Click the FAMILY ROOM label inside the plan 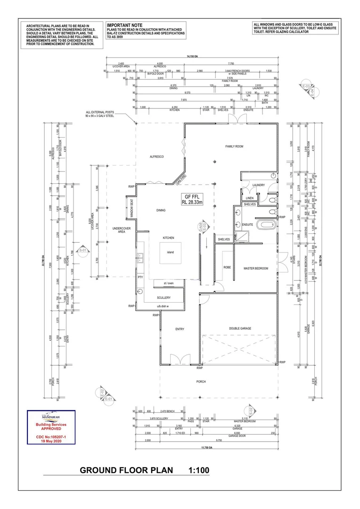234,147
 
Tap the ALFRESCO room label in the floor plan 156,156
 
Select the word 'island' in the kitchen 170,252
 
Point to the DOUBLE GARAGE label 240,328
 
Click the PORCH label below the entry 201,382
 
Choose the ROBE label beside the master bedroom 227,267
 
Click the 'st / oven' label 168,283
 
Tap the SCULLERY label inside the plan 164,298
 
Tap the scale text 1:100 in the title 198,470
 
